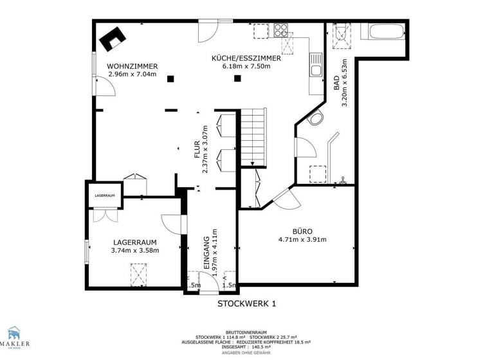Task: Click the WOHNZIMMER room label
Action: point(133,66)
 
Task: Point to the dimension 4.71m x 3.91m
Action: point(302,240)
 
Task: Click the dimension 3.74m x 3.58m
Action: point(135,250)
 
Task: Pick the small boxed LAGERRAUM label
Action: point(105,195)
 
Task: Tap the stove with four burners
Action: point(281,29)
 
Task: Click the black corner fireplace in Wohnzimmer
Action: point(111,39)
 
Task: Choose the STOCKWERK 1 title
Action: point(246,304)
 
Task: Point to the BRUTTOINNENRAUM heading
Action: point(246,333)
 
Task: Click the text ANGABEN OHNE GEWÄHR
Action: point(246,354)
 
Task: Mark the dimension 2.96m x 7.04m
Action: point(133,74)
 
